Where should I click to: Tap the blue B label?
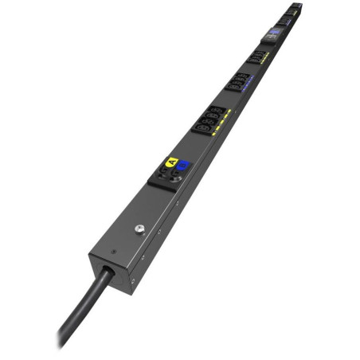pyautogui.click(x=182, y=165)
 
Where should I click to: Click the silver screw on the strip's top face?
pyautogui.click(x=139, y=231)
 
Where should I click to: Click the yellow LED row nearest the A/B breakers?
pyautogui.click(x=224, y=118)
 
